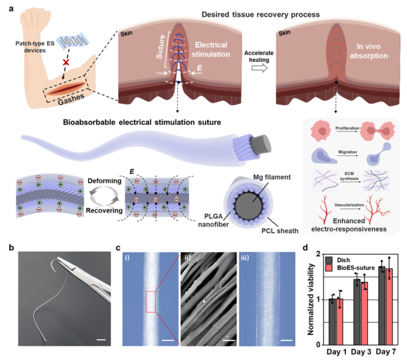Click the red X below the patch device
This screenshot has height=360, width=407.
click(66, 62)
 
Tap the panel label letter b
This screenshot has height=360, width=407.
click(12, 248)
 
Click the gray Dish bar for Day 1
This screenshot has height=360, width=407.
click(332, 322)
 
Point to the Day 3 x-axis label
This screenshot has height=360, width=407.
click(361, 352)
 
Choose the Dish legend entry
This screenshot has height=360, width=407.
click(338, 260)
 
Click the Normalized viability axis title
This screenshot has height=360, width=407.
click(311, 299)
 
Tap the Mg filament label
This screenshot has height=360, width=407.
click(272, 177)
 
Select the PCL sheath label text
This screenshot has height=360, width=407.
click(280, 231)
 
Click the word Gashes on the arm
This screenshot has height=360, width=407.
click(71, 99)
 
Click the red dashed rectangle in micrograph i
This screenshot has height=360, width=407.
click(151, 301)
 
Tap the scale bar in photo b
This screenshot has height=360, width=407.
click(101, 339)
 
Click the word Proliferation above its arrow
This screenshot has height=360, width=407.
click(347, 128)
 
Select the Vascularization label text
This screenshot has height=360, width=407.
click(349, 205)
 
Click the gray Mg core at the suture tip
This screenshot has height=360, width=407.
click(262, 144)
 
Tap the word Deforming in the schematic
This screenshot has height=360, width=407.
click(104, 181)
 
